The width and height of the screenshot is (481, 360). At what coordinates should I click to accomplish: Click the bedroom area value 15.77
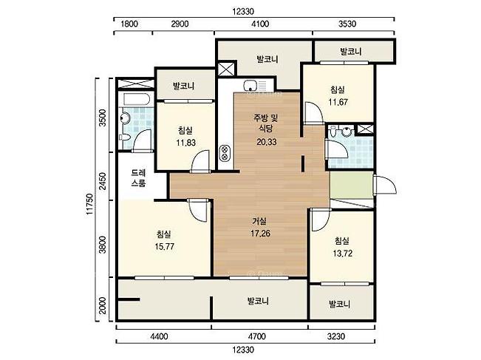pos(165,247)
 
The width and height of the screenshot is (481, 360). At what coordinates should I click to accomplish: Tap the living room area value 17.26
pos(260,234)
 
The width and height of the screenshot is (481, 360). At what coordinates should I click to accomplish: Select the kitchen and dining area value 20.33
pos(267,142)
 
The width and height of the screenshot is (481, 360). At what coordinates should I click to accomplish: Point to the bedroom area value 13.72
pos(342,254)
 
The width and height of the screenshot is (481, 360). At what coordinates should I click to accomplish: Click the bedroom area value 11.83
pos(186,143)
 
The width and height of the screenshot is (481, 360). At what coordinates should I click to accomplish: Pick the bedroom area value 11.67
pos(338,102)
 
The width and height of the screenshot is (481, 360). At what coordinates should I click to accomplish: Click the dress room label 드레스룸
pos(138,178)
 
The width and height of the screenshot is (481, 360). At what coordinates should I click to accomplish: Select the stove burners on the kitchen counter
pos(224,153)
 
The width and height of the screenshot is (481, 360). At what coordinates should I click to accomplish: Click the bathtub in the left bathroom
pos(137,99)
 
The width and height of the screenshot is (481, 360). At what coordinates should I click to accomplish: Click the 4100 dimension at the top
pos(260,24)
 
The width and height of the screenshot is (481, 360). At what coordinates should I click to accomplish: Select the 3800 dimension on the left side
pos(103,245)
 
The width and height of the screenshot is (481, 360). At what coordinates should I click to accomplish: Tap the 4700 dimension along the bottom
pos(257,336)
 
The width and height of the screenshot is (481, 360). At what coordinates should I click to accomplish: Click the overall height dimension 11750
pos(89,204)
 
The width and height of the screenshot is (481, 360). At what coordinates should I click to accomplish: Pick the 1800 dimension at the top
pos(129,24)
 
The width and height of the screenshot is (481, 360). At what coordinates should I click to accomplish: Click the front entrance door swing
pos(385,185)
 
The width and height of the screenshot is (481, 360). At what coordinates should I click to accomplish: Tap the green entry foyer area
pos(352,185)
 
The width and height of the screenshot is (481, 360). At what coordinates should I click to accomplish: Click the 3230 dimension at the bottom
pos(336,336)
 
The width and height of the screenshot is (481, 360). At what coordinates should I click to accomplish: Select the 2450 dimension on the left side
pos(103,181)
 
